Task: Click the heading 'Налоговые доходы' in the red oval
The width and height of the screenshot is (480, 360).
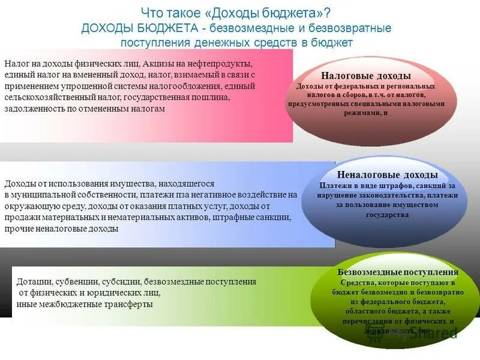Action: pos(365,76)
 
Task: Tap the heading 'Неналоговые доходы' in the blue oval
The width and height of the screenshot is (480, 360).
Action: pos(387,175)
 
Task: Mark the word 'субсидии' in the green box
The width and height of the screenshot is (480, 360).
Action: pos(118,281)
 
